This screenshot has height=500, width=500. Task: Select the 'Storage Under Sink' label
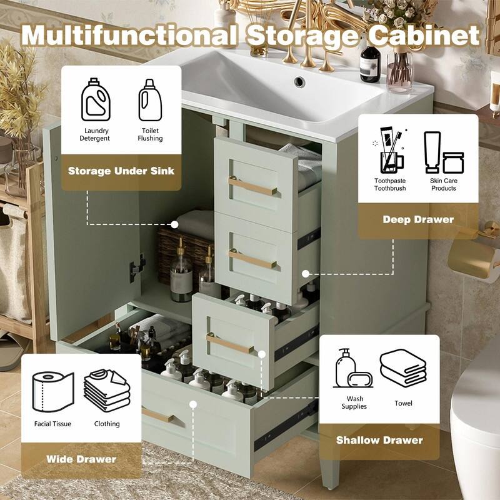(121, 171)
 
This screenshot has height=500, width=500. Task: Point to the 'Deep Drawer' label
(418, 219)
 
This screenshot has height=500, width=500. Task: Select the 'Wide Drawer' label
(81, 459)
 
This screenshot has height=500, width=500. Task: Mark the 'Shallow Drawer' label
(379, 440)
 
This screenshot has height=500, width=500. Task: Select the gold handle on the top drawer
(253, 186)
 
